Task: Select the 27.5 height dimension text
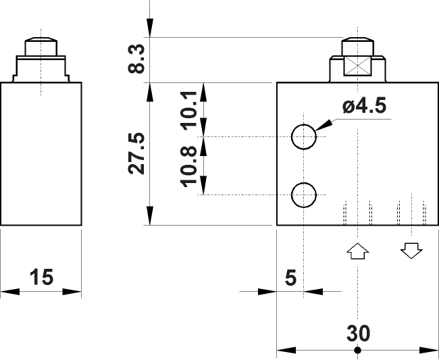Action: (x=137, y=153)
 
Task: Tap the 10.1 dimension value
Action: (x=189, y=108)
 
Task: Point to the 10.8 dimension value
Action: (x=189, y=166)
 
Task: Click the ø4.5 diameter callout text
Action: (x=368, y=107)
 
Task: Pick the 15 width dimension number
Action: (x=41, y=277)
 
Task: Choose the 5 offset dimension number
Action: (x=290, y=277)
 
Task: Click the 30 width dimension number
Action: (x=358, y=334)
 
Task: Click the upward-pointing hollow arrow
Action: (x=357, y=251)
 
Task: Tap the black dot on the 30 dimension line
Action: (x=357, y=350)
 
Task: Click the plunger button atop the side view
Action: (x=41, y=48)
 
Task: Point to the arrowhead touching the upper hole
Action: (x=321, y=126)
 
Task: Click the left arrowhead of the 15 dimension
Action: (x=9, y=292)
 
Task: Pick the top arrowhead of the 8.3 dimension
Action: (x=151, y=31)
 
